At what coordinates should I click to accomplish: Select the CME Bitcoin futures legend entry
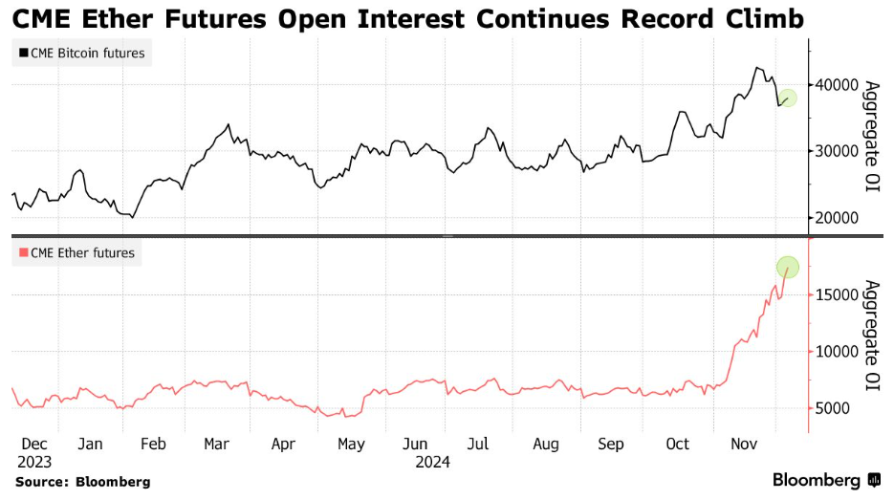pyautogui.click(x=81, y=54)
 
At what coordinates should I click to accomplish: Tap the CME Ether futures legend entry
pyautogui.click(x=77, y=253)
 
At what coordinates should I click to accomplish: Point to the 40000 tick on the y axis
pyautogui.click(x=838, y=84)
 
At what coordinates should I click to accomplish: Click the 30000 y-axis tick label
pyautogui.click(x=838, y=151)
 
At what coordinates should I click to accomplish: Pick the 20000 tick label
pyautogui.click(x=838, y=218)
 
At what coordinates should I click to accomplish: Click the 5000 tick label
pyautogui.click(x=834, y=408)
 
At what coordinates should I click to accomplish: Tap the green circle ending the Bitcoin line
pyautogui.click(x=787, y=98)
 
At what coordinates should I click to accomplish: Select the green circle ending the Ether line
pyautogui.click(x=788, y=267)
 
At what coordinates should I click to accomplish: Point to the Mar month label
pyautogui.click(x=216, y=444)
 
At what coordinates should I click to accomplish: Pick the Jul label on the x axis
pyautogui.click(x=478, y=444)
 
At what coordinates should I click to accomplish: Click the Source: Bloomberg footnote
pyautogui.click(x=82, y=482)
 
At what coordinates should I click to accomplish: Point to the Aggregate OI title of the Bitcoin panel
pyautogui.click(x=871, y=137)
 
